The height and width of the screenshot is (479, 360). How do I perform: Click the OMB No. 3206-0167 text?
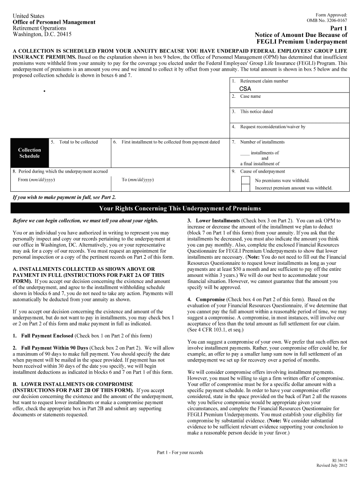327,21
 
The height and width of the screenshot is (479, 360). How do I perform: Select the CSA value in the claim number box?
245,88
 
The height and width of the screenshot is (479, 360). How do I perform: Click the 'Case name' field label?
250,96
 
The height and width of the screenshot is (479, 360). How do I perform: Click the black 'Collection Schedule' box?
29,153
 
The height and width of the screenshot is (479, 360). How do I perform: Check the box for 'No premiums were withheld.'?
245,181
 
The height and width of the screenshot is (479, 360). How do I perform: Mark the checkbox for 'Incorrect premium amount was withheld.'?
245,188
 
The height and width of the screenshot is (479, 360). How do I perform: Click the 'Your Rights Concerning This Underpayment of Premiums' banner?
180,208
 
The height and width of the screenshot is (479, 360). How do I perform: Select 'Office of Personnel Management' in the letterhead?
54,22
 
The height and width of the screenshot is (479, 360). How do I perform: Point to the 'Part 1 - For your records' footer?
180,452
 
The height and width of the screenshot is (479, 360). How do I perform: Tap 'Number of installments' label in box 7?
262,142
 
